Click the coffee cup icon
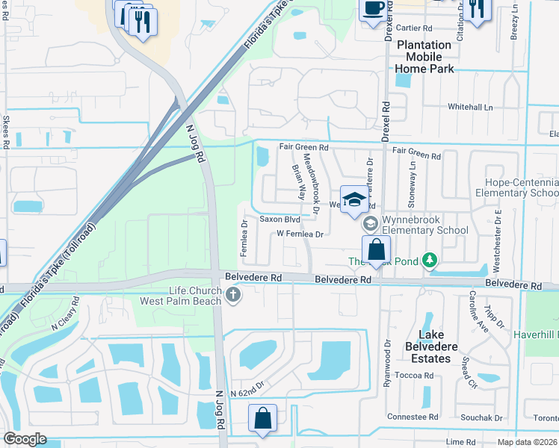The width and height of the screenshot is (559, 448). [x=373, y=9]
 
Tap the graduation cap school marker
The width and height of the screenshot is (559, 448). [x=355, y=199]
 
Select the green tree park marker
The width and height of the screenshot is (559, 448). [x=430, y=260]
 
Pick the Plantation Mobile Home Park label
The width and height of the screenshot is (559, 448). [x=424, y=57]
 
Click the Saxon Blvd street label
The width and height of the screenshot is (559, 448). [x=279, y=220]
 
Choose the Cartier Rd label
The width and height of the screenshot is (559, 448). [x=416, y=28]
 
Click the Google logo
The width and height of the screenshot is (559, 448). [x=25, y=439]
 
